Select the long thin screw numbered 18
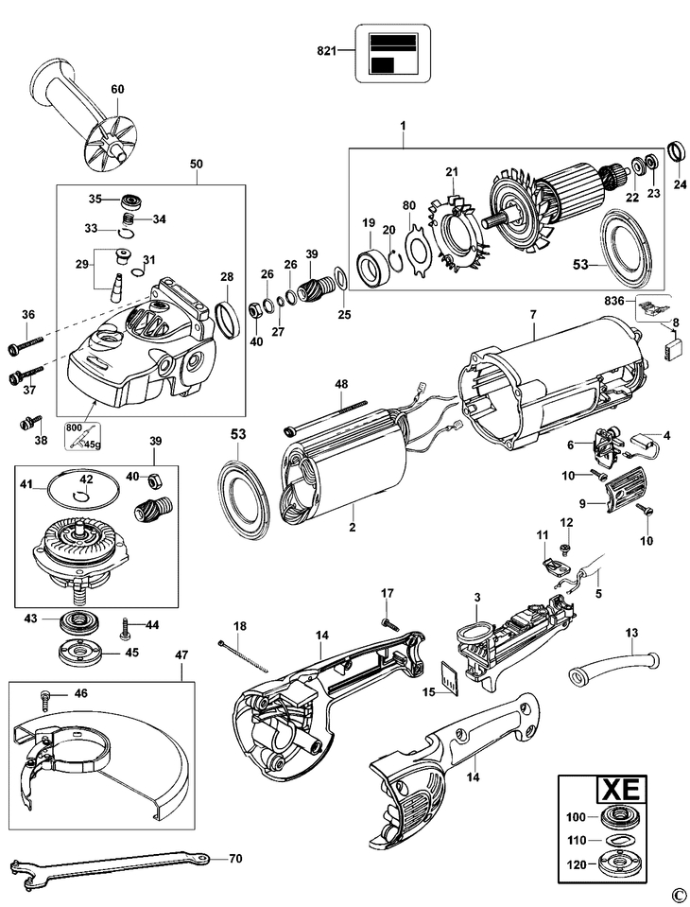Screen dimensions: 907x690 pyautogui.click(x=244, y=658)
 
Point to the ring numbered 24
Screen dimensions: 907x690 pyautogui.click(x=677, y=150)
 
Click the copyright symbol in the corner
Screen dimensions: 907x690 pyautogui.click(x=677, y=894)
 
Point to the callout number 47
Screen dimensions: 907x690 pyautogui.click(x=182, y=654)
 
